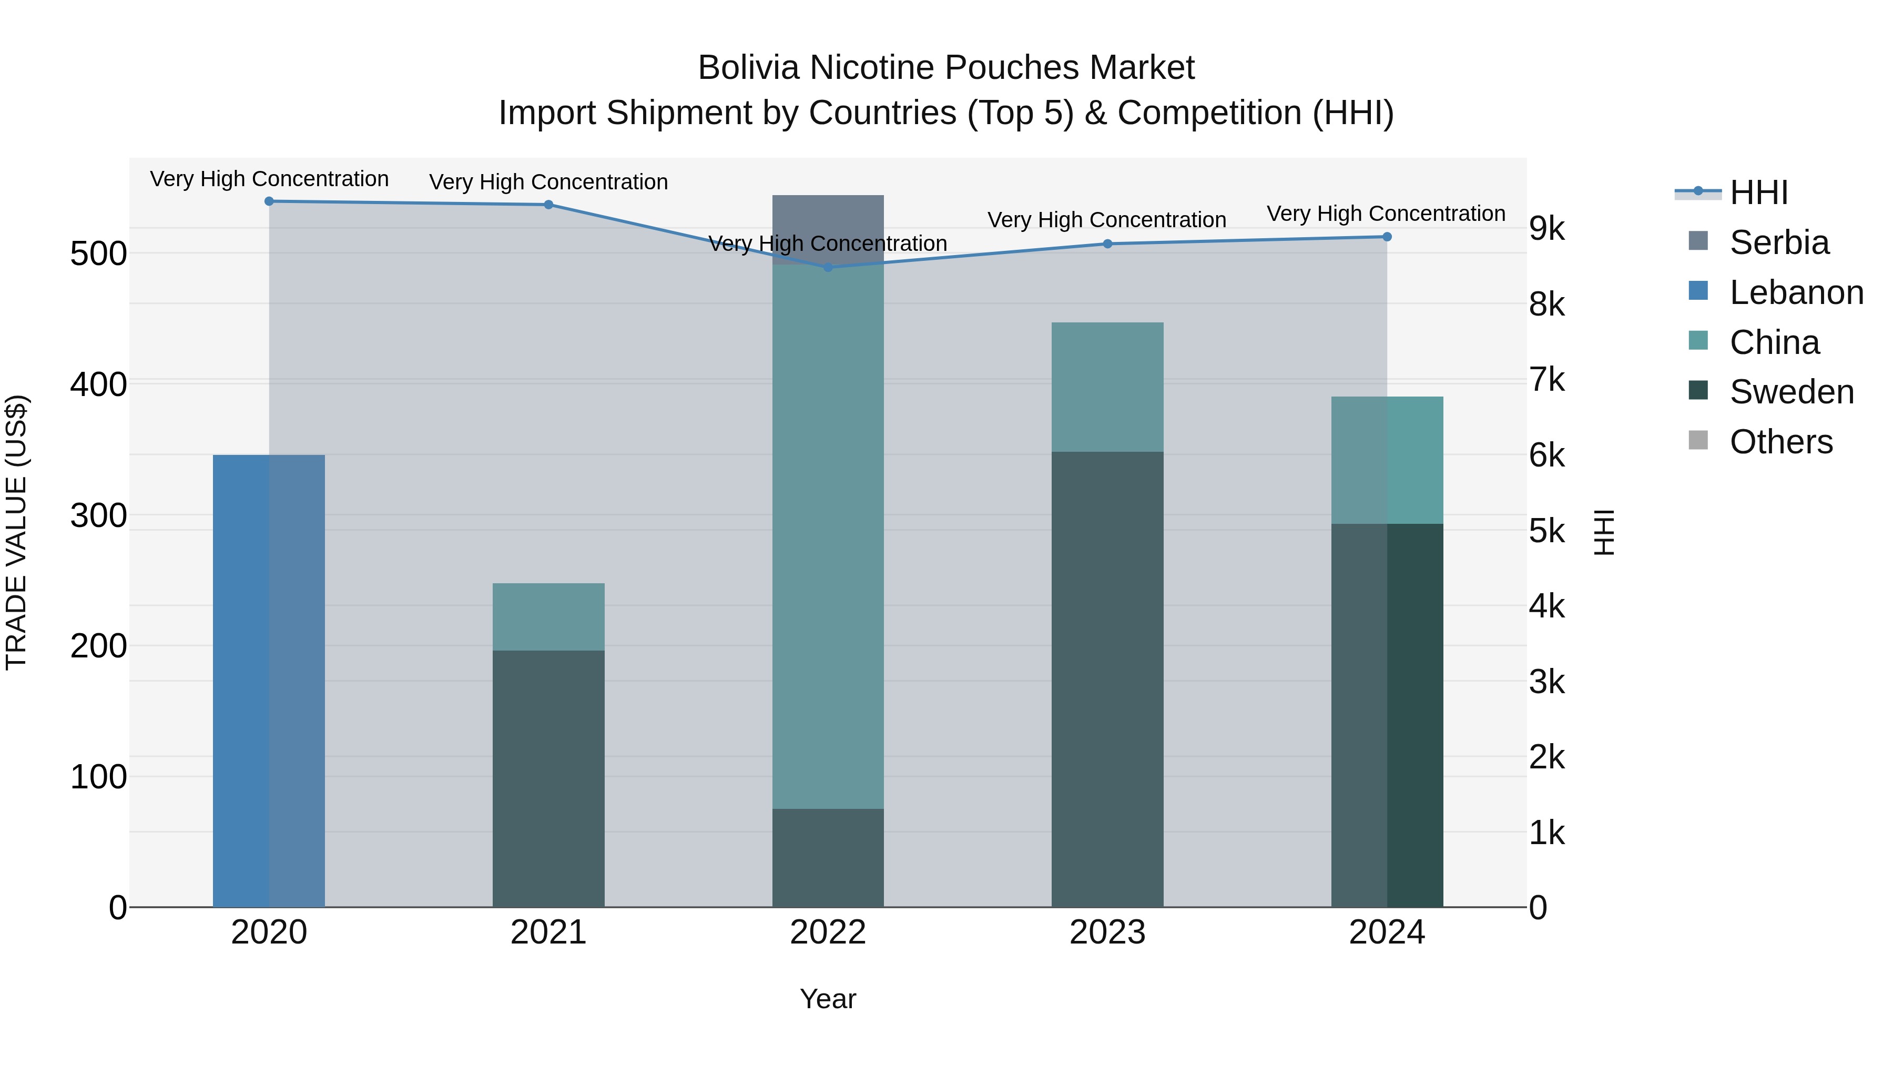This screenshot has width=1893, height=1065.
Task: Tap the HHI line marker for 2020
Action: tap(269, 201)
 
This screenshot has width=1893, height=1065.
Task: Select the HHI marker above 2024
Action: tap(1387, 237)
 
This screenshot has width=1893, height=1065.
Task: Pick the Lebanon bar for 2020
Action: tap(269, 680)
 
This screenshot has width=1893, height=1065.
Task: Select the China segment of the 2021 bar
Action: tap(548, 617)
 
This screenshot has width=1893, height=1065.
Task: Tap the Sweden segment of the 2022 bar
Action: tap(828, 858)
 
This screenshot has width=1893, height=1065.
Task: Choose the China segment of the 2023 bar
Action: tap(1107, 387)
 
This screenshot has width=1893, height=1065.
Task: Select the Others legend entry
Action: tap(1780, 442)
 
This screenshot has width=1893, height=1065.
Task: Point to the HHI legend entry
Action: tap(1758, 192)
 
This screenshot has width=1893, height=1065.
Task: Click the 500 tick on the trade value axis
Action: tap(98, 255)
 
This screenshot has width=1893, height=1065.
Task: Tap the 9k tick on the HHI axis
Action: tap(1547, 229)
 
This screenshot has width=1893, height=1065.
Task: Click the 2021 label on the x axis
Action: tap(548, 932)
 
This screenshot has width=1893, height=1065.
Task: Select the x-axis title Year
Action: tap(828, 999)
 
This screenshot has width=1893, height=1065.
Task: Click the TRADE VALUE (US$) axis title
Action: tap(16, 532)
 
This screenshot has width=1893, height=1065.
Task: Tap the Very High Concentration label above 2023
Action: tap(1107, 220)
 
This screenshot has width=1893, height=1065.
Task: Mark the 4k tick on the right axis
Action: tap(1547, 607)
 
